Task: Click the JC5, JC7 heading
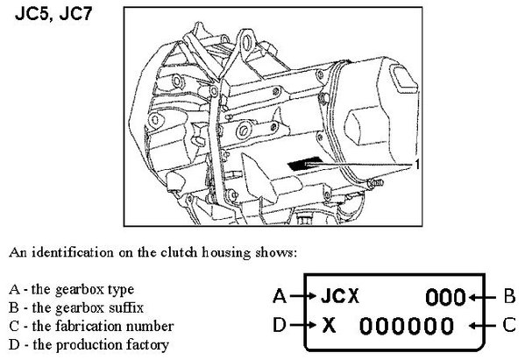[x=53, y=14]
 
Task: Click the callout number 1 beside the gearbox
[x=417, y=165]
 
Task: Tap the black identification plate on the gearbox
[x=305, y=164]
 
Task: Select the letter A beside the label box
[x=280, y=296]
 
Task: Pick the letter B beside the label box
[x=509, y=296]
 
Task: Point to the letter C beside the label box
[x=509, y=325]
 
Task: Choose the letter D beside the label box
[x=280, y=325]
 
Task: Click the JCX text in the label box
[x=340, y=296]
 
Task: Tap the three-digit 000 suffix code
[x=445, y=297]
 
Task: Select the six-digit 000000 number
[x=407, y=326]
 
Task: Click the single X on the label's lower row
[x=330, y=325]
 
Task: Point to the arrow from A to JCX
[x=303, y=296]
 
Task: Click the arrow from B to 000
[x=482, y=297]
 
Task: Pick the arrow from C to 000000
[x=482, y=326]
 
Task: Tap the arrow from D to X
[x=303, y=325]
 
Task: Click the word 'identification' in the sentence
[x=73, y=252]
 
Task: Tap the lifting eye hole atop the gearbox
[x=247, y=43]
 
